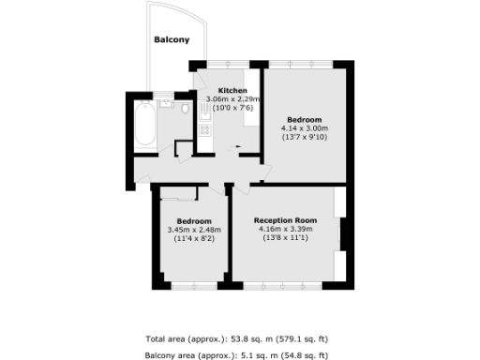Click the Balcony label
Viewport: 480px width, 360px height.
coord(172,39)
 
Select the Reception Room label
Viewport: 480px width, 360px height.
coord(285,219)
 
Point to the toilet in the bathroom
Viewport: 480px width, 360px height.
coord(186,110)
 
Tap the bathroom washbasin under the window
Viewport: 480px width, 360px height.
coord(165,103)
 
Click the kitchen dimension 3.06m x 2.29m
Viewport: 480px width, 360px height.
coord(226,99)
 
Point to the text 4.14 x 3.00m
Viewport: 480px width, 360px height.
coord(305,128)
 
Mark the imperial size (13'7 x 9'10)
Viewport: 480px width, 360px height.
coord(305,138)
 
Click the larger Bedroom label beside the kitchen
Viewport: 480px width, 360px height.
coord(305,119)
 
